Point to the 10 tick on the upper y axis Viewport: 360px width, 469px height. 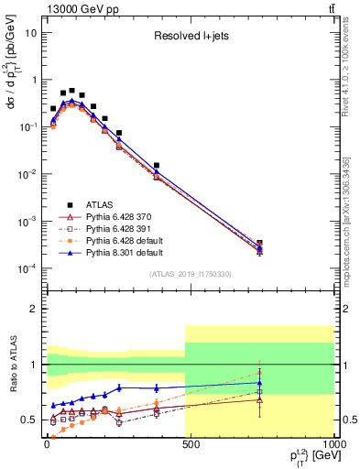pyautogui.click(x=30, y=32)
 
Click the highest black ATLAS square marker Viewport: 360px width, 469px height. pyautogui.click(x=71, y=91)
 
